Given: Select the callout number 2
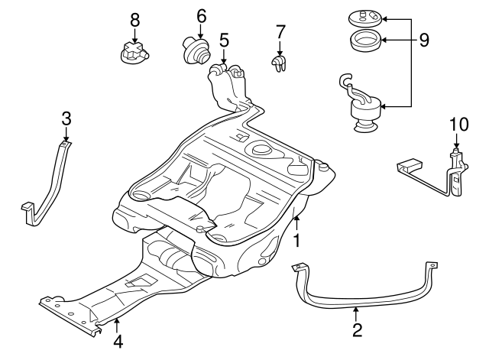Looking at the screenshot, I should point(356,330).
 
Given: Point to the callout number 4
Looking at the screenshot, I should point(118,342).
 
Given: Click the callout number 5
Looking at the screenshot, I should point(224,39).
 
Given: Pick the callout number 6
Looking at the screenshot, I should point(201,15).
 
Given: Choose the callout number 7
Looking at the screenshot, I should point(280,32).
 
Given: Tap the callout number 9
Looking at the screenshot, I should point(424,39).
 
